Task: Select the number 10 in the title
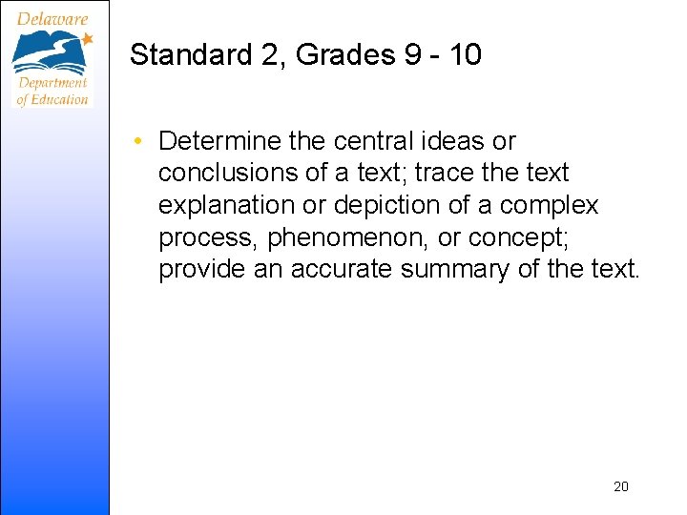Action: click(x=465, y=55)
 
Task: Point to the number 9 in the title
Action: click(x=413, y=55)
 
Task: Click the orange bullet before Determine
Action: click(x=139, y=142)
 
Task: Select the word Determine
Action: click(x=219, y=141)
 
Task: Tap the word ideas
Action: click(x=452, y=141)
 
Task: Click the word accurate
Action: click(x=341, y=270)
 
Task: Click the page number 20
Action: click(x=620, y=487)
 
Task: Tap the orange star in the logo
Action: click(x=87, y=39)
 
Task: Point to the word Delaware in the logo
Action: click(x=52, y=18)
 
